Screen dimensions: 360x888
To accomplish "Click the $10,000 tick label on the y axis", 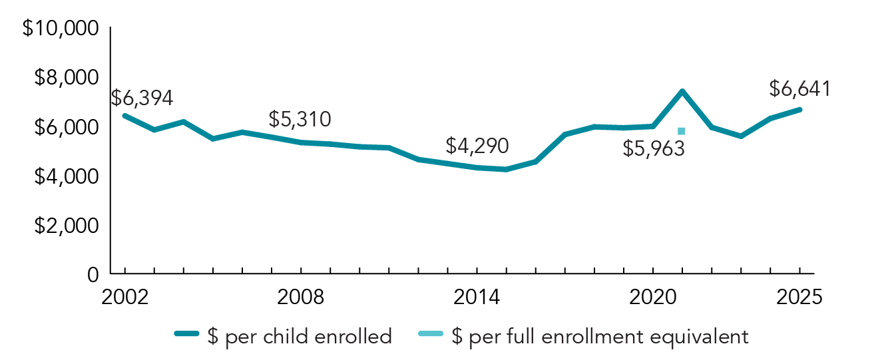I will (x=61, y=29).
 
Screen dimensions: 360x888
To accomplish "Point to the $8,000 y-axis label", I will (x=65, y=79).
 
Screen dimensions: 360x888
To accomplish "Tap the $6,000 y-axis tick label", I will (x=65, y=128).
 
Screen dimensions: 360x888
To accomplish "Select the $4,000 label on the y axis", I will (x=65, y=177).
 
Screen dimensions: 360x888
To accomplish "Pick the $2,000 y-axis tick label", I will (x=65, y=226).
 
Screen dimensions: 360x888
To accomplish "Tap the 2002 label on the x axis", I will (x=124, y=297).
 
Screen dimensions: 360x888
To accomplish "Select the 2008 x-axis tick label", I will (x=302, y=297).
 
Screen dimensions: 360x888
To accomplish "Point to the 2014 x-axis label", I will (x=477, y=297).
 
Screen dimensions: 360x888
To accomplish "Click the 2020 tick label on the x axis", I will (x=653, y=297).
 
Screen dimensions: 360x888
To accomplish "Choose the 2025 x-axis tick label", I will (x=799, y=297).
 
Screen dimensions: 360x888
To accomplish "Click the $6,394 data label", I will (x=142, y=98).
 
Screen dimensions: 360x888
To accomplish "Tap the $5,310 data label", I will (x=300, y=120).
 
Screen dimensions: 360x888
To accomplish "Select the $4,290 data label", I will (x=477, y=146).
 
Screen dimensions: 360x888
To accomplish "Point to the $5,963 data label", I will (x=654, y=148).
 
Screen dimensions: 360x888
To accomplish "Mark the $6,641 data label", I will (x=799, y=89).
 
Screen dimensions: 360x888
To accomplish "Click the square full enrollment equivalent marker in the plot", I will (x=681, y=131).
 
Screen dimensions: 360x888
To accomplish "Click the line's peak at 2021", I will (x=682, y=92).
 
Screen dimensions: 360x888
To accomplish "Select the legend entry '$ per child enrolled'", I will (x=282, y=337).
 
